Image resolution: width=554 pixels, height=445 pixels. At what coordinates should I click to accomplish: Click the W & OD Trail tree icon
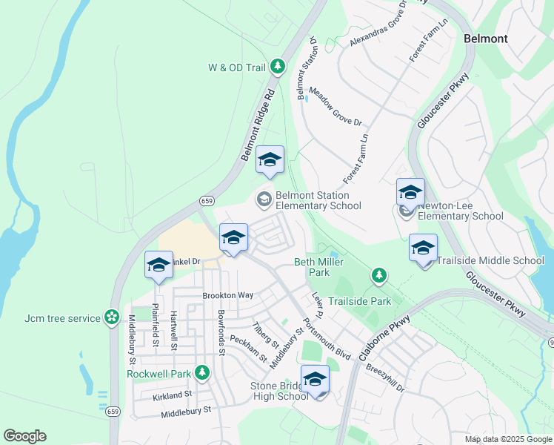[x=278, y=67]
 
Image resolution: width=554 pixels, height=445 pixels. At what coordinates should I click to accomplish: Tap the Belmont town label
[x=485, y=39]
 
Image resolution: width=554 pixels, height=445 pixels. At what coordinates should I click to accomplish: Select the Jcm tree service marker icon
[x=112, y=317]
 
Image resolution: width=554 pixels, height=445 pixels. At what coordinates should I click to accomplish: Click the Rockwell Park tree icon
[x=201, y=373]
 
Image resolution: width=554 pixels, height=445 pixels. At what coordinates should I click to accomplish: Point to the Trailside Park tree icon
[x=379, y=277]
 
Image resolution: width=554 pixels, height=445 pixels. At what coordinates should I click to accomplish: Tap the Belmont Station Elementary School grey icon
[x=264, y=199]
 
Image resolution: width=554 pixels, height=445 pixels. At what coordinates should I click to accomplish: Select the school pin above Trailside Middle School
[x=423, y=248]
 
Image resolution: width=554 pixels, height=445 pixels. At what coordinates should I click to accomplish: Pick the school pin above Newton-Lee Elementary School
[x=410, y=193]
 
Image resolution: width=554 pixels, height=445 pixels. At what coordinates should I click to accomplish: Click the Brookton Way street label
[x=228, y=295]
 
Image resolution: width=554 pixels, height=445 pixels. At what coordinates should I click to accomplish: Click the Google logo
[x=24, y=436]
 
